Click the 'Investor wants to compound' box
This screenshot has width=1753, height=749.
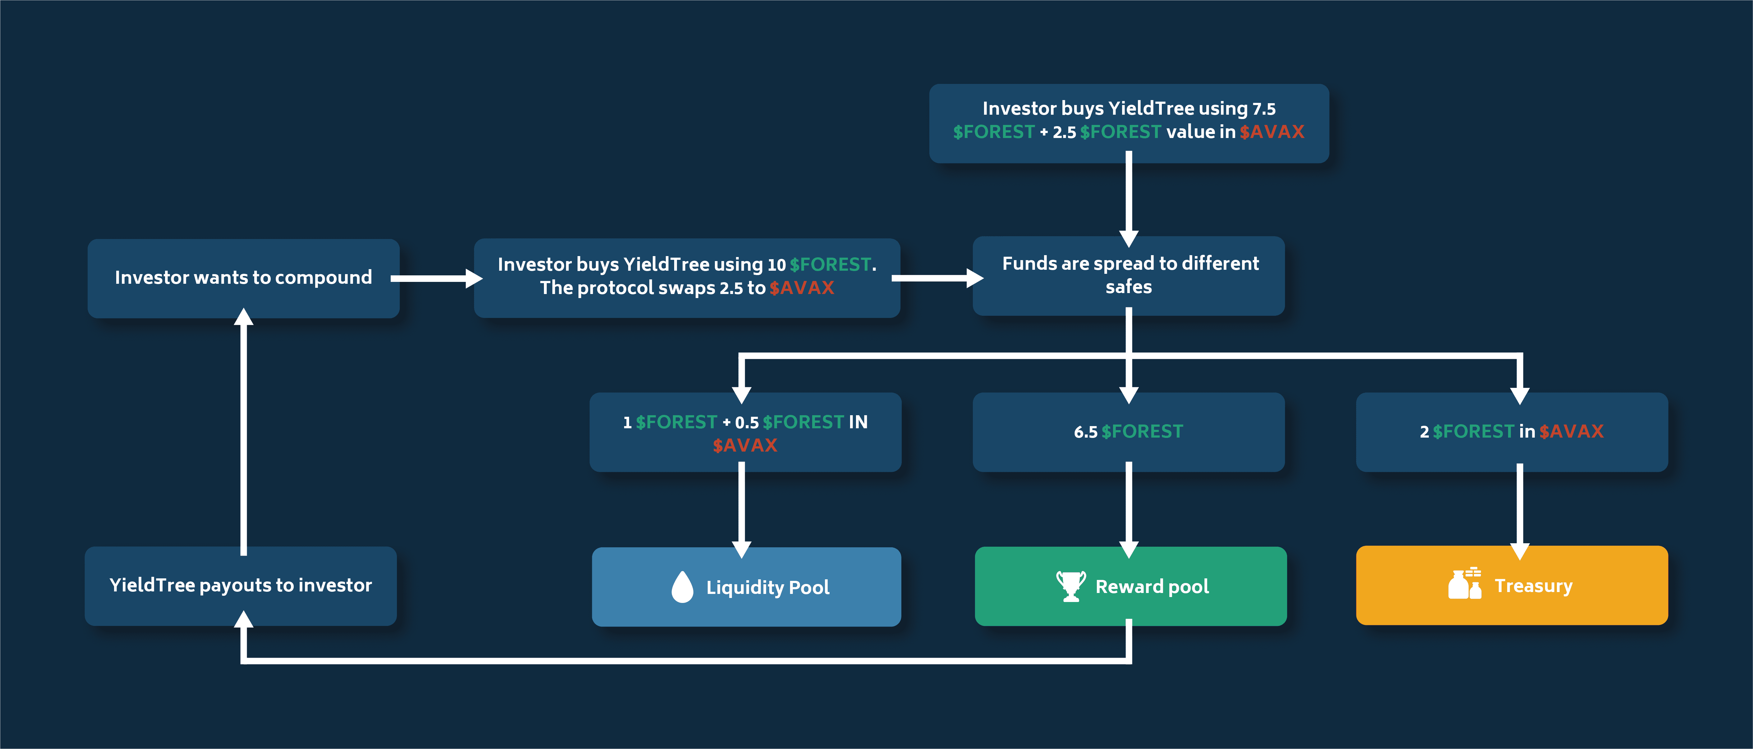(x=244, y=278)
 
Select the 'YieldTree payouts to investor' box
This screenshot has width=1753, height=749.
(x=241, y=586)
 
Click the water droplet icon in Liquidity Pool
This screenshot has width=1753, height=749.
(x=682, y=586)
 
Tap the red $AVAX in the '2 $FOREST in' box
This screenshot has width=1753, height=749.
(x=1571, y=431)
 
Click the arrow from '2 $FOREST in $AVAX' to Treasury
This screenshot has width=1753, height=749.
(x=1520, y=511)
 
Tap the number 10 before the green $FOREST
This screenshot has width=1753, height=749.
(x=776, y=264)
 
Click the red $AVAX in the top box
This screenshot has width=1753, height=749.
(x=1272, y=132)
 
